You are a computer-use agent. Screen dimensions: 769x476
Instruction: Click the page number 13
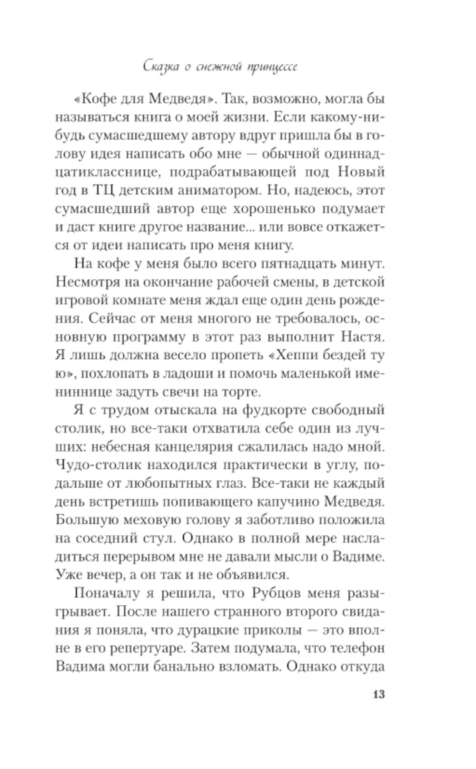[378, 694]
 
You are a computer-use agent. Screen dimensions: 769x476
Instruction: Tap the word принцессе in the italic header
[272, 67]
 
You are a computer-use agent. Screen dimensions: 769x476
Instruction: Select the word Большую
[80, 520]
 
